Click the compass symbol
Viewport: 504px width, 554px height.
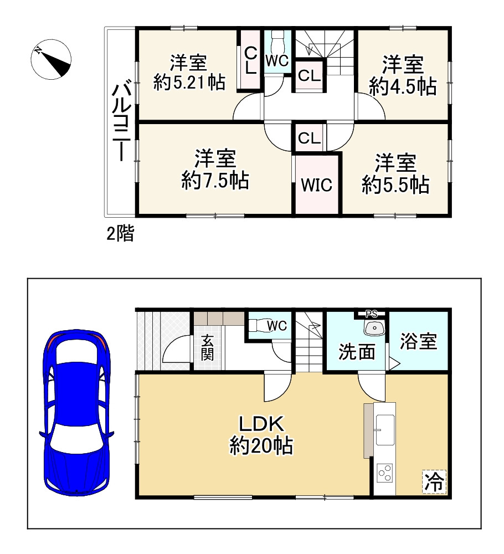[x=50, y=59]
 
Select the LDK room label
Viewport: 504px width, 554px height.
[x=261, y=425]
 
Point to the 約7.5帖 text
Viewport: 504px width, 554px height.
[x=215, y=181]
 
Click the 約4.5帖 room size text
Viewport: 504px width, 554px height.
[x=402, y=87]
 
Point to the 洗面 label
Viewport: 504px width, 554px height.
[x=357, y=352]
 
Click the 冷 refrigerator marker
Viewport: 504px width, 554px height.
[x=434, y=481]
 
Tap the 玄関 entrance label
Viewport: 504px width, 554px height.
[x=207, y=348]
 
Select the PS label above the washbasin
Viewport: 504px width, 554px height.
[x=371, y=314]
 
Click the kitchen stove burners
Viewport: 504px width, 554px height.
[x=384, y=475]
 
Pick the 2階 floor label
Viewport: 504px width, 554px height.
[x=120, y=234]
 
